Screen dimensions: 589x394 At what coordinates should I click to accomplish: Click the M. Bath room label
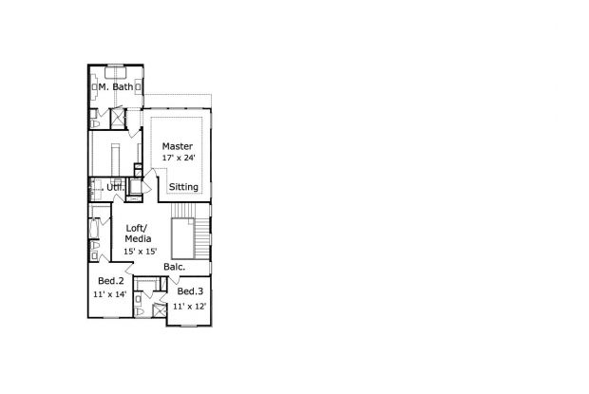pyautogui.click(x=116, y=86)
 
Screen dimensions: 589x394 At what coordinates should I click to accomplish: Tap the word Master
pyautogui.click(x=178, y=146)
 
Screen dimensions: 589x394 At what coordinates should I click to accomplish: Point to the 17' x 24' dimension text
pyautogui.click(x=179, y=158)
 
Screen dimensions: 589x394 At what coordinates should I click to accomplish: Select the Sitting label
pyautogui.click(x=183, y=187)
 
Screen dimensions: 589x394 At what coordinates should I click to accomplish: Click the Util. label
pyautogui.click(x=115, y=187)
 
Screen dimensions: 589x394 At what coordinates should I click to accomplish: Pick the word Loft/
pyautogui.click(x=137, y=228)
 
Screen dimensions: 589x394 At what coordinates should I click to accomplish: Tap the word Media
pyautogui.click(x=138, y=238)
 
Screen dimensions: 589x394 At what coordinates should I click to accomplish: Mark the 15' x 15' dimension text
pyautogui.click(x=140, y=252)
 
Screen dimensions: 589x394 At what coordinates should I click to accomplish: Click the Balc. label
pyautogui.click(x=174, y=267)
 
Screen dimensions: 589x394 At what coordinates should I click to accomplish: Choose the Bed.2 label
pyautogui.click(x=111, y=281)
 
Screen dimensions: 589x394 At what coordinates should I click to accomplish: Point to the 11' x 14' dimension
pyautogui.click(x=109, y=294)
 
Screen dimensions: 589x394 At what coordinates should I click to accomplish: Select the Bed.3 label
pyautogui.click(x=190, y=291)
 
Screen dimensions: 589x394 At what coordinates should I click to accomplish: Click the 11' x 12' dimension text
pyautogui.click(x=189, y=307)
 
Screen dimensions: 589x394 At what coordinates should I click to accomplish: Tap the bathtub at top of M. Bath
pyautogui.click(x=116, y=72)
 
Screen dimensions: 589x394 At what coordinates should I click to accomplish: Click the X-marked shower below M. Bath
pyautogui.click(x=117, y=119)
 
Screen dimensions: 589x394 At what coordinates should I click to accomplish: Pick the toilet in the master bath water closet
pyautogui.click(x=94, y=123)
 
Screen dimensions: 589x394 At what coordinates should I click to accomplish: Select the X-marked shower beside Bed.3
pyautogui.click(x=160, y=310)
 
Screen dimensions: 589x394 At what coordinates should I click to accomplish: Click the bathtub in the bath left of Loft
pyautogui.click(x=94, y=228)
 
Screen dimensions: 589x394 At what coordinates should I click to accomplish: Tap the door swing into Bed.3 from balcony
pyautogui.click(x=174, y=280)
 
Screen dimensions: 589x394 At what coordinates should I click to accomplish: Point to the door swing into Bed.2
pyautogui.click(x=129, y=268)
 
